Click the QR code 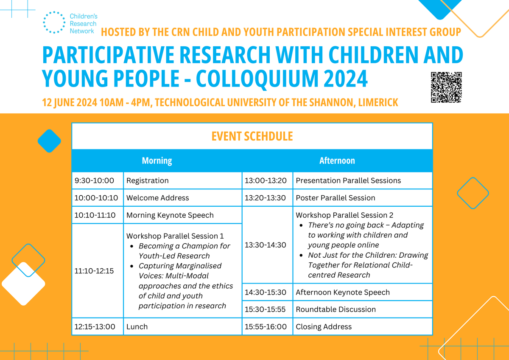click(446, 87)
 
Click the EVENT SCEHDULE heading click(252, 136)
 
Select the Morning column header click(157, 160)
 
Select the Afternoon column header click(337, 160)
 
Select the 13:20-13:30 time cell click(267, 198)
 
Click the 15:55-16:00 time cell click(267, 326)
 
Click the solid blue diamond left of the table click(50, 141)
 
